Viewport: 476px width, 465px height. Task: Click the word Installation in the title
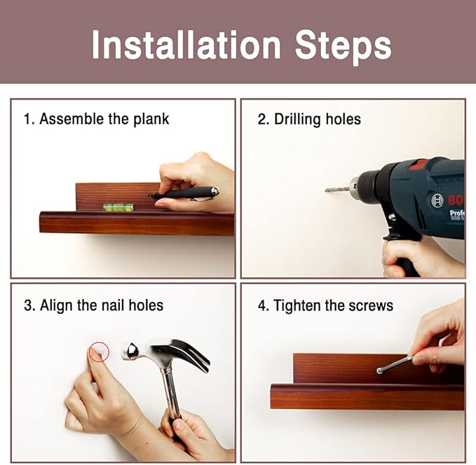(186, 45)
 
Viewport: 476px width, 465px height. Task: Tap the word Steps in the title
(343, 48)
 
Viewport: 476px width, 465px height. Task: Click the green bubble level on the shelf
(118, 207)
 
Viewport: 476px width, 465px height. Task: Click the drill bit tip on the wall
(326, 190)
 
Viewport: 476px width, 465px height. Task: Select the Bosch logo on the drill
(437, 200)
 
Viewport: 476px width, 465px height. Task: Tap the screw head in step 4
(379, 370)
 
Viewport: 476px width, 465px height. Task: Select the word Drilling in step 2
(297, 119)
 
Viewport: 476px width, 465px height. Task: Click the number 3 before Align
(28, 305)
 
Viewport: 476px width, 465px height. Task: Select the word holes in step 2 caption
(343, 119)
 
